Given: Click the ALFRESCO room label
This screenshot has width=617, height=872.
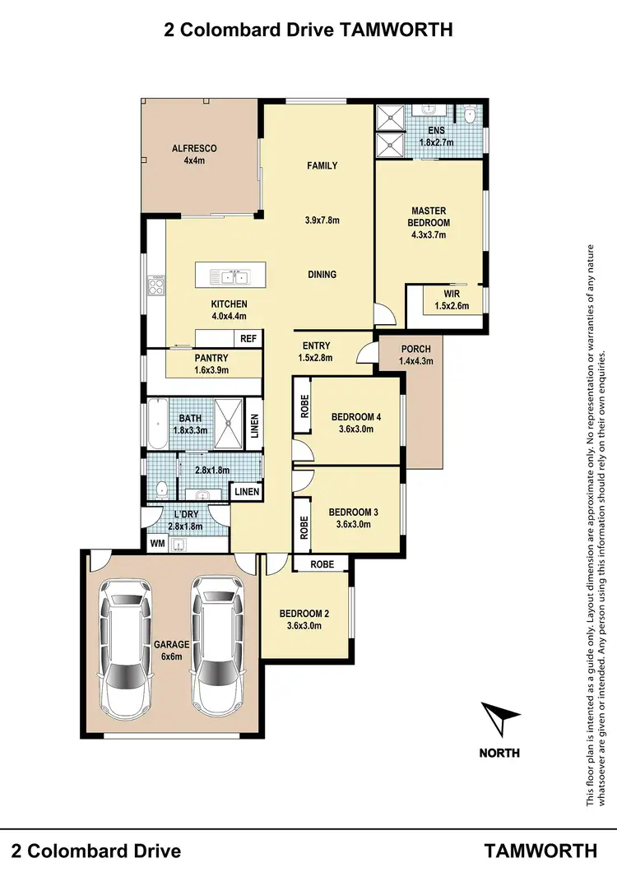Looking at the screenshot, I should pyautogui.click(x=193, y=155).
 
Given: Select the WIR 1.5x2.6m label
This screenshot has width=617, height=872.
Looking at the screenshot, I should pyautogui.click(x=451, y=299).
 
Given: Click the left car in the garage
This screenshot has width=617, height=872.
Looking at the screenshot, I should pyautogui.click(x=124, y=645).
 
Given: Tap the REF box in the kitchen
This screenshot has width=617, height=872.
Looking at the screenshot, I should pyautogui.click(x=248, y=338).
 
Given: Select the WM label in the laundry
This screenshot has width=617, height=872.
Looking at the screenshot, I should pyautogui.click(x=157, y=544).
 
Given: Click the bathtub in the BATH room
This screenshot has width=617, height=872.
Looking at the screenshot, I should pyautogui.click(x=155, y=423).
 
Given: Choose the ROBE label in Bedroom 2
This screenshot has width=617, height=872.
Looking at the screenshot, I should pyautogui.click(x=322, y=564).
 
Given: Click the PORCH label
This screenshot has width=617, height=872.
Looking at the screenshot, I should pyautogui.click(x=415, y=355).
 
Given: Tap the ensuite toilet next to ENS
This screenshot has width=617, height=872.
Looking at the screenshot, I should pyautogui.click(x=470, y=117).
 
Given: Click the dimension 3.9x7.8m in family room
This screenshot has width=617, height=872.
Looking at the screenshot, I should pyautogui.click(x=322, y=220).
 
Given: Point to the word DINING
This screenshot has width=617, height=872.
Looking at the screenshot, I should pyautogui.click(x=322, y=274).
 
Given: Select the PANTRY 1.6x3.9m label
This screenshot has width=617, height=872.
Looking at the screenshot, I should pyautogui.click(x=211, y=364).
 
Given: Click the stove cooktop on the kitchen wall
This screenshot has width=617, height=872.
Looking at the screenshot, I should pyautogui.click(x=153, y=287).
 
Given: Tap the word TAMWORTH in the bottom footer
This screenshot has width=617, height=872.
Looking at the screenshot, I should pyautogui.click(x=540, y=850).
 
